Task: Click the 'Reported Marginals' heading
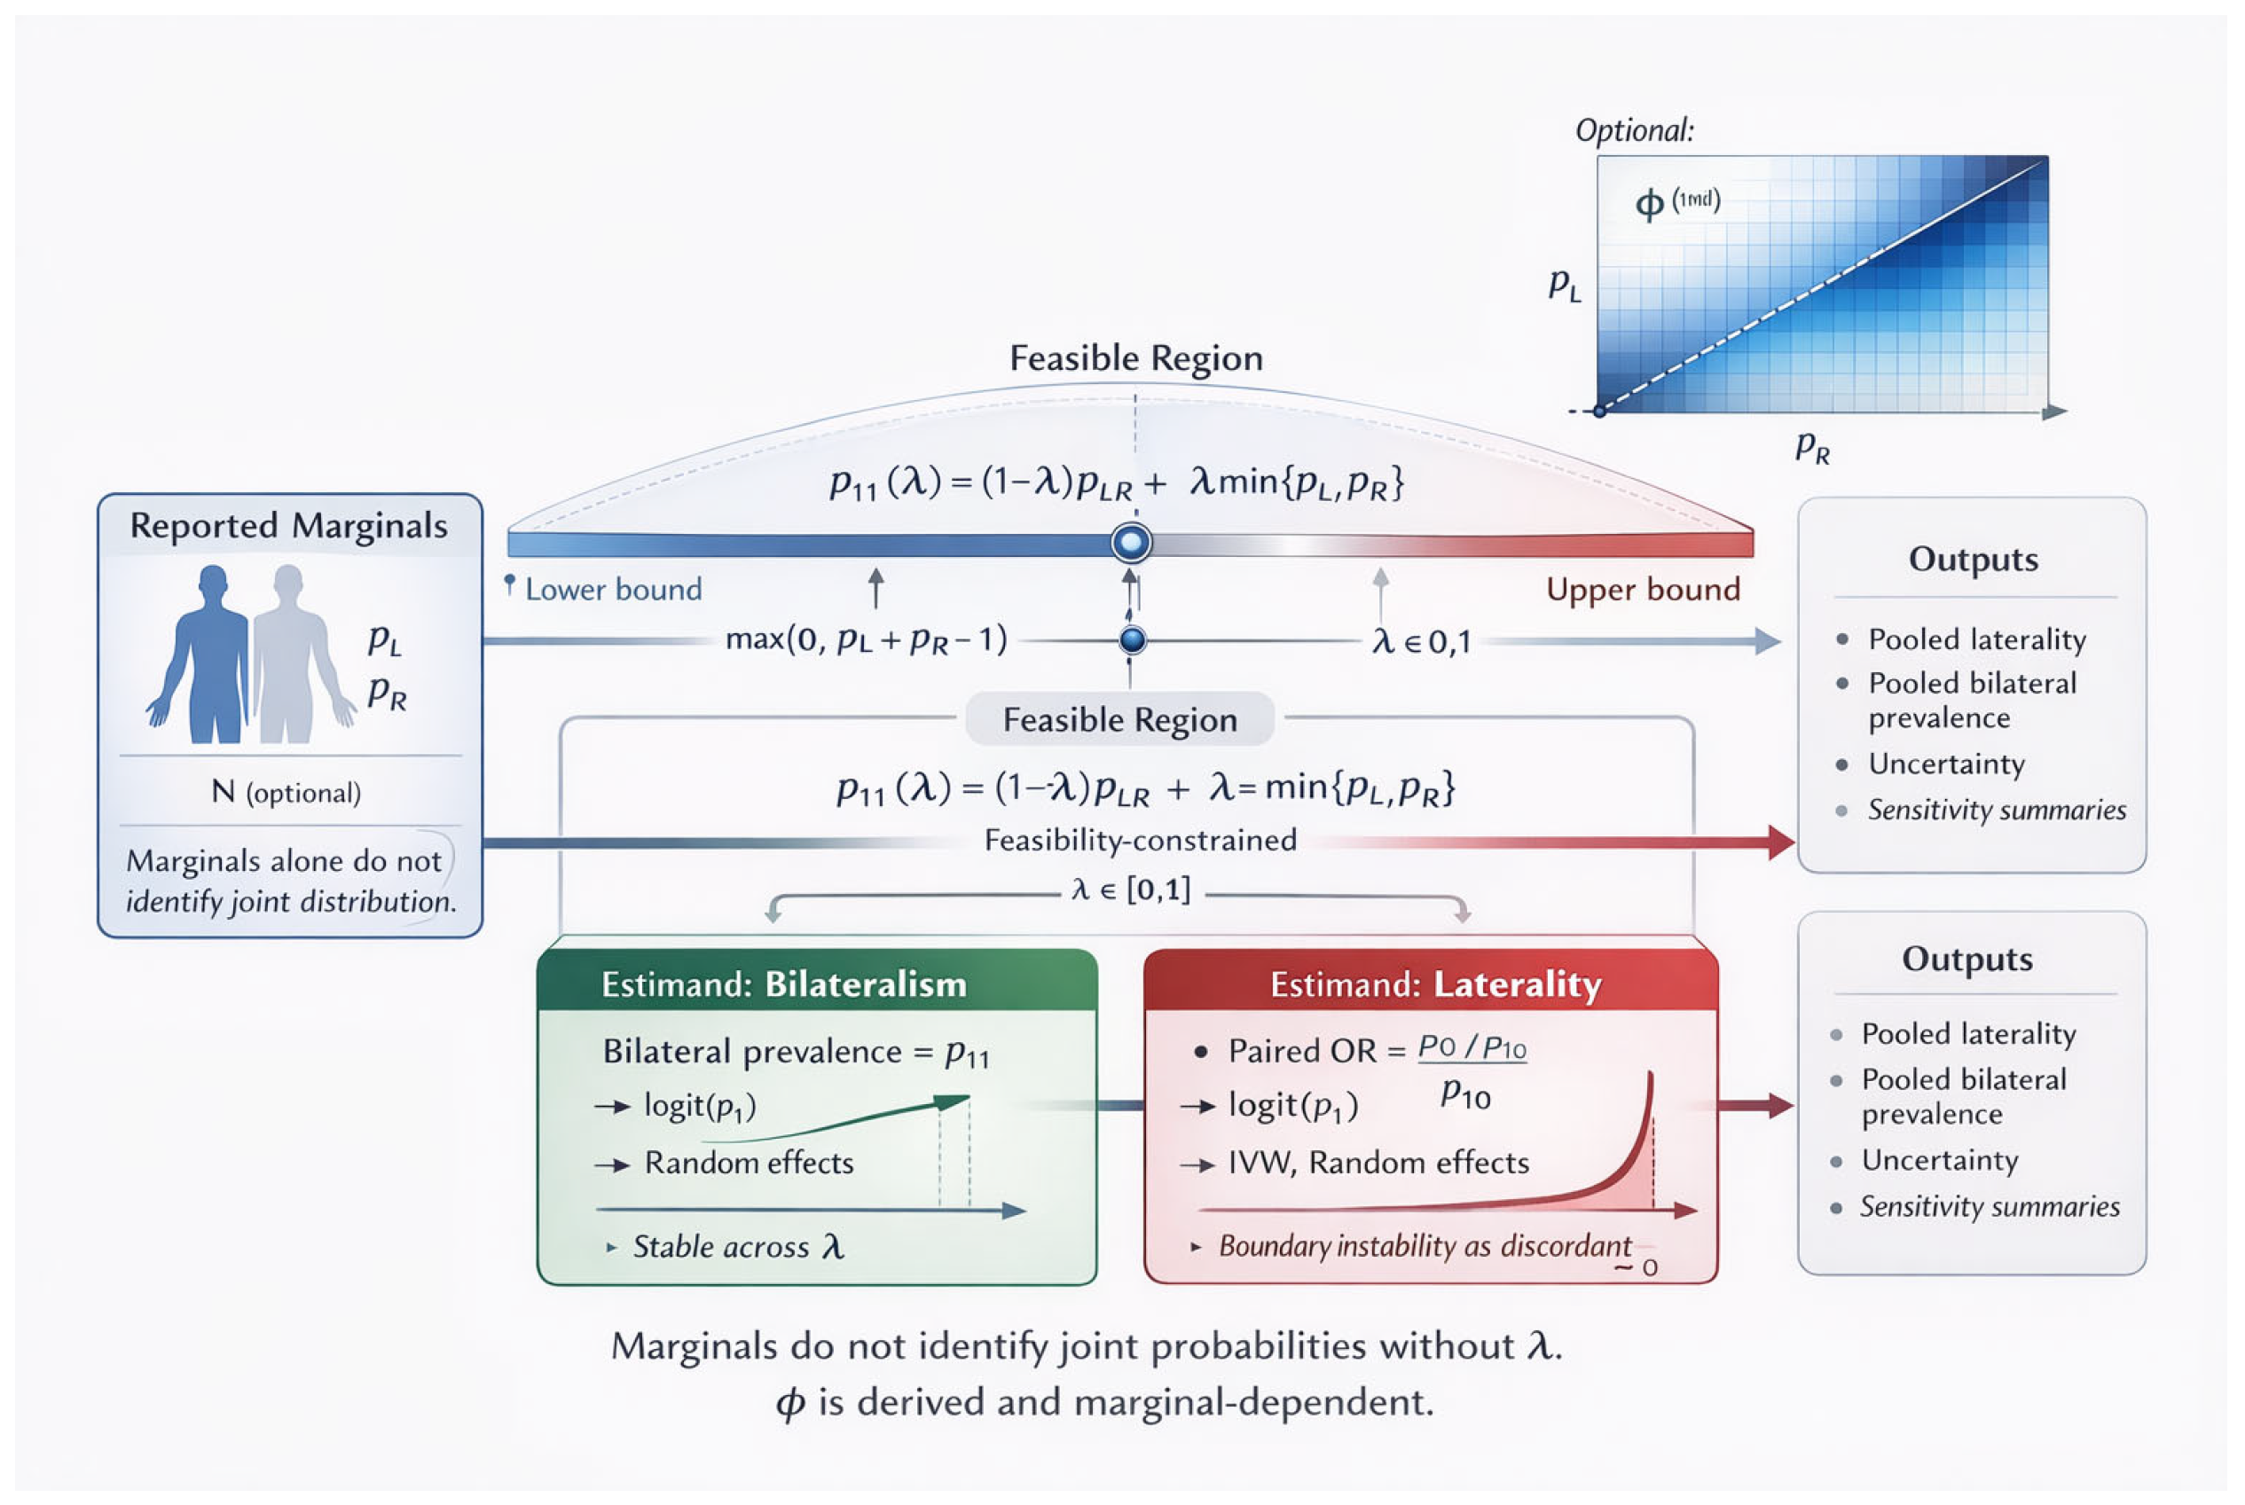pos(288,526)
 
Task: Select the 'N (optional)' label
pos(286,792)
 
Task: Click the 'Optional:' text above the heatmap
pos(1634,130)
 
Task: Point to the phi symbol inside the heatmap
pos(1649,203)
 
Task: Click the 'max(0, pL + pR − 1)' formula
pos(866,639)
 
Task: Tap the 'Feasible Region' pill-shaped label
pos(1119,720)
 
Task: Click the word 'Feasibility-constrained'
pos(1141,841)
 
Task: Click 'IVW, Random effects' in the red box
pos(1378,1164)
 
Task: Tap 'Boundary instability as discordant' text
pos(1425,1247)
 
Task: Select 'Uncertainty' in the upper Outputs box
pos(1945,764)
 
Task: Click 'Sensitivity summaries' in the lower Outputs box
pos(1989,1206)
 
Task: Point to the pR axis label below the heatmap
pos(1812,447)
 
